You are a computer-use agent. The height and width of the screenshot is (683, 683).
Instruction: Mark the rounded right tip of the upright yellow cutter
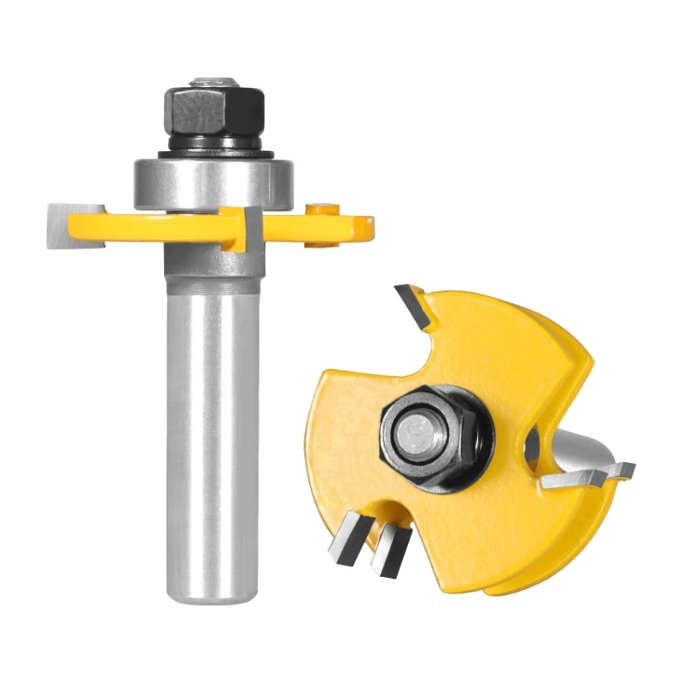click(x=367, y=227)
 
